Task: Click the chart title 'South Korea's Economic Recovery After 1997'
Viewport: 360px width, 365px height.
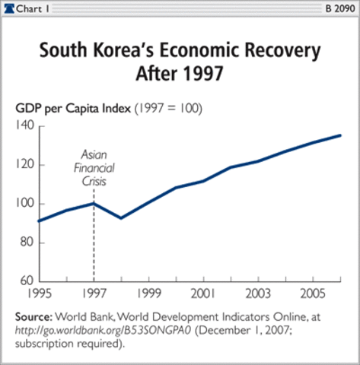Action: click(180, 63)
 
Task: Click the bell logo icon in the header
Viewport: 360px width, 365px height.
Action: click(10, 8)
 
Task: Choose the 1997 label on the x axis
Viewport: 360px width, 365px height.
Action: click(92, 293)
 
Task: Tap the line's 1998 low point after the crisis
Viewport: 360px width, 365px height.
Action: click(120, 218)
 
